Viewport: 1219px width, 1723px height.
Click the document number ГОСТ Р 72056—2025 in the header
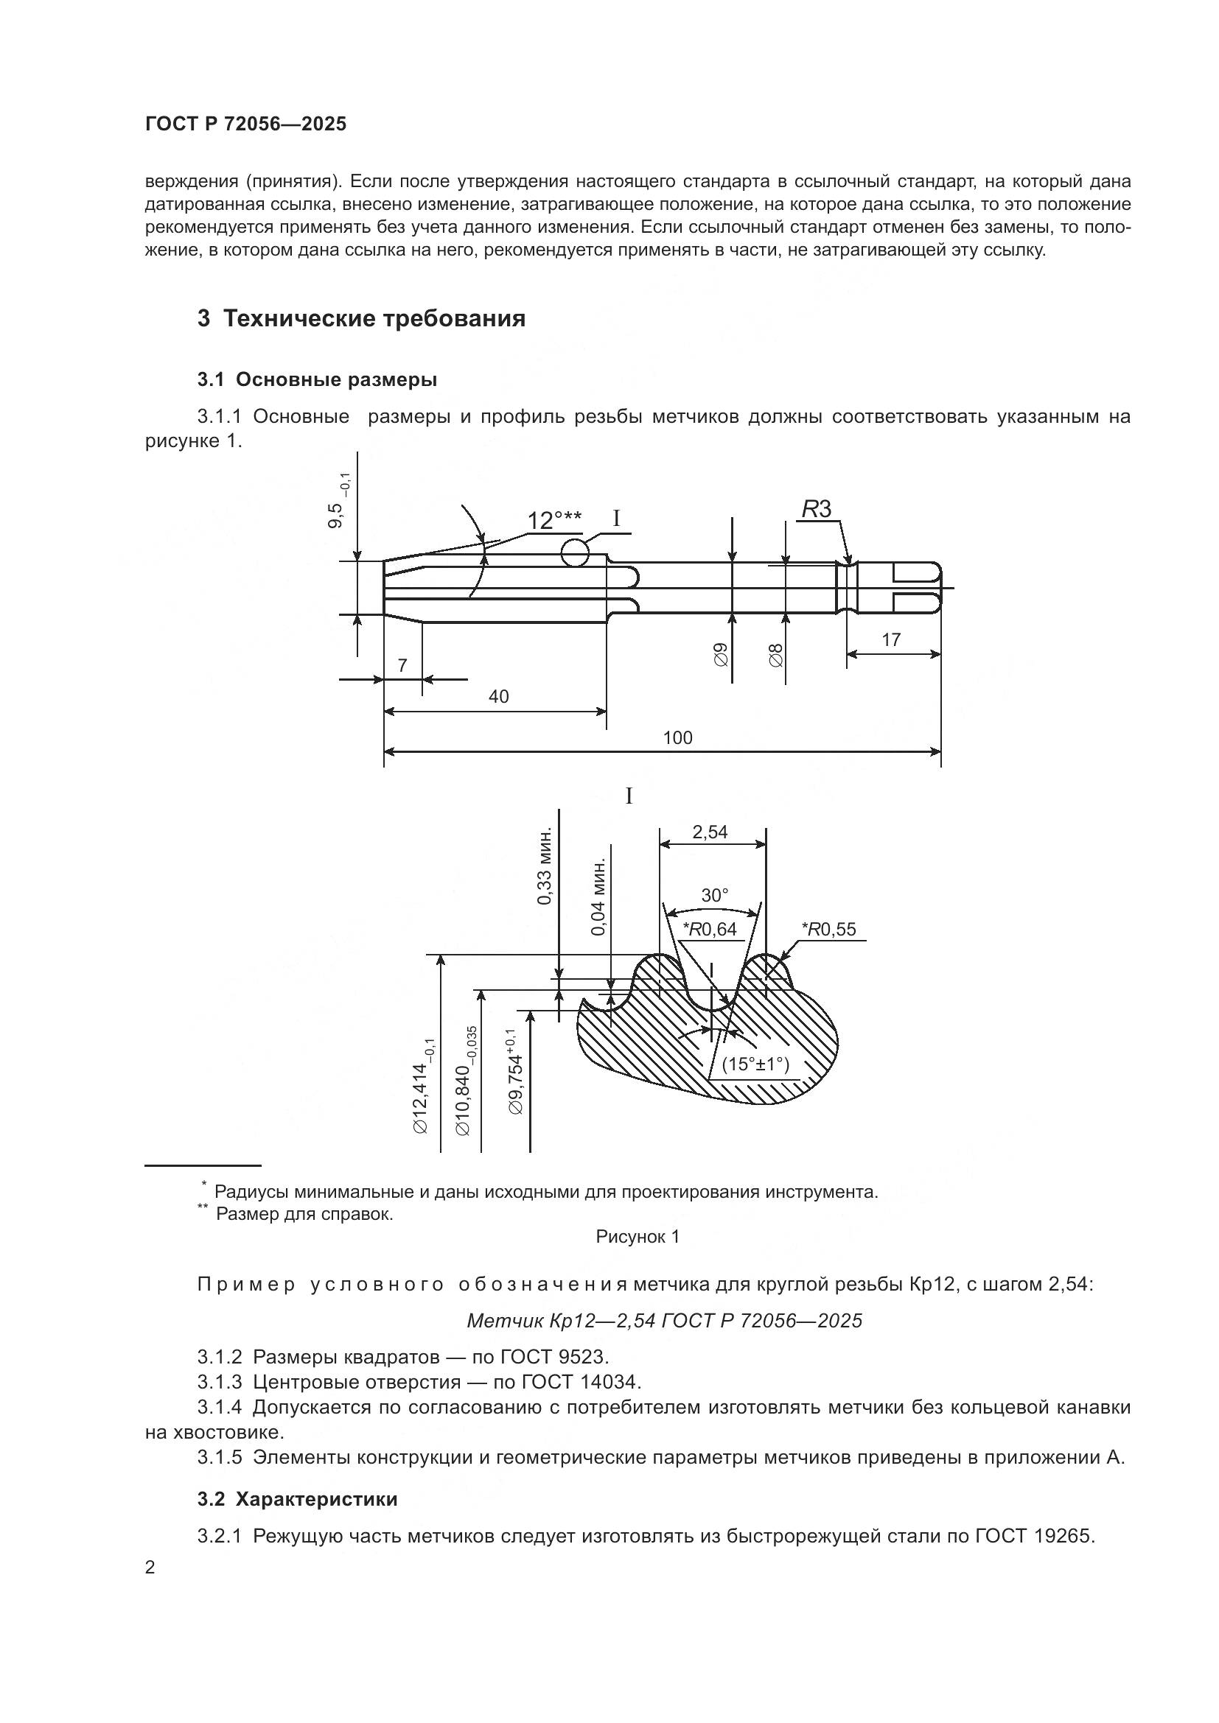245,124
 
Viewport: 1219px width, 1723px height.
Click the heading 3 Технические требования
361,318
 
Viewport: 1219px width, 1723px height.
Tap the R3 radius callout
817,510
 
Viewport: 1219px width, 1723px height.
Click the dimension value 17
891,640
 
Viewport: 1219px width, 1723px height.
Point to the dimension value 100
677,737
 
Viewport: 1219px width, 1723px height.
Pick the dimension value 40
498,696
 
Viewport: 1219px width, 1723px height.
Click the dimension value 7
402,665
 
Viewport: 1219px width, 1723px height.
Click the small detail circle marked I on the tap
575,552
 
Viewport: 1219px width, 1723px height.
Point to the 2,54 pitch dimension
709,832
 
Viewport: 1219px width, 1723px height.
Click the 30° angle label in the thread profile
715,895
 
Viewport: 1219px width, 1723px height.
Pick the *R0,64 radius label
709,929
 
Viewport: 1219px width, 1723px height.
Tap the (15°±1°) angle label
755,1064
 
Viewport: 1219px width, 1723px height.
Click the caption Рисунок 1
638,1237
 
